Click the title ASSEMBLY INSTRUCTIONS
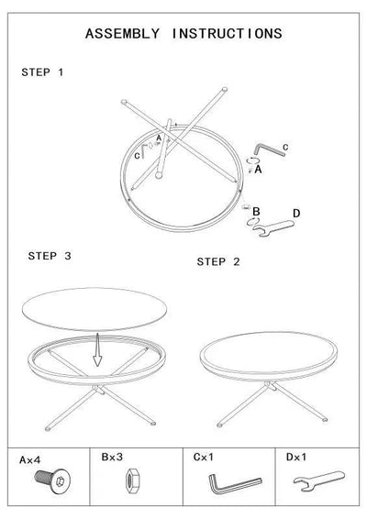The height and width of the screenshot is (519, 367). [x=183, y=34]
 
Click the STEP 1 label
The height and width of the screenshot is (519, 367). [x=42, y=72]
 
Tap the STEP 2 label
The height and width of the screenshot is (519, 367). [x=218, y=261]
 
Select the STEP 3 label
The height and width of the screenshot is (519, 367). [x=50, y=256]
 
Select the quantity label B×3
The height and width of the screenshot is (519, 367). [x=112, y=455]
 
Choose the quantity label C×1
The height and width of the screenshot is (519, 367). [x=203, y=455]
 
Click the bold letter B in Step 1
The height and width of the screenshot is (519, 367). [x=257, y=212]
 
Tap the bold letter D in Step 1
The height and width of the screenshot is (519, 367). [x=295, y=214]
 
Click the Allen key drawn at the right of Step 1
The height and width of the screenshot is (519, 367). [x=270, y=148]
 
